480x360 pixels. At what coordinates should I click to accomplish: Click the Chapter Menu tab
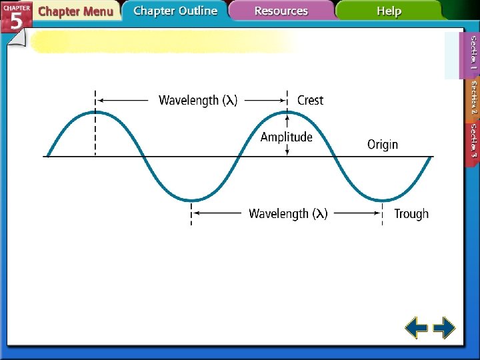(75, 11)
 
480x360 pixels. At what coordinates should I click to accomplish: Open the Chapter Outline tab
(175, 11)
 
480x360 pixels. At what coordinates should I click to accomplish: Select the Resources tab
(281, 11)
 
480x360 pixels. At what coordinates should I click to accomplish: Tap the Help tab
(389, 11)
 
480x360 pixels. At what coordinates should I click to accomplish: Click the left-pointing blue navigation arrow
(417, 328)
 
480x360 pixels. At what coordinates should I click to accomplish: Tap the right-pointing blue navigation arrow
(444, 328)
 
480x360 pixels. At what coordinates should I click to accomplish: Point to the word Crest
(310, 101)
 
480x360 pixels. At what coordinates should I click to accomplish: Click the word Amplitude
(286, 137)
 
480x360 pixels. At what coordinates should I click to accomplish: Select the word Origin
(382, 145)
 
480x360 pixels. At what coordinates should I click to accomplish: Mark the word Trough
(411, 214)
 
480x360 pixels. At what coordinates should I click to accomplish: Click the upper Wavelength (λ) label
(198, 101)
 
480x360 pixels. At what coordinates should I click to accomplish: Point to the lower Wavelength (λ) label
(288, 214)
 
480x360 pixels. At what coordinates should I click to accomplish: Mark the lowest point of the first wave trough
(192, 200)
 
